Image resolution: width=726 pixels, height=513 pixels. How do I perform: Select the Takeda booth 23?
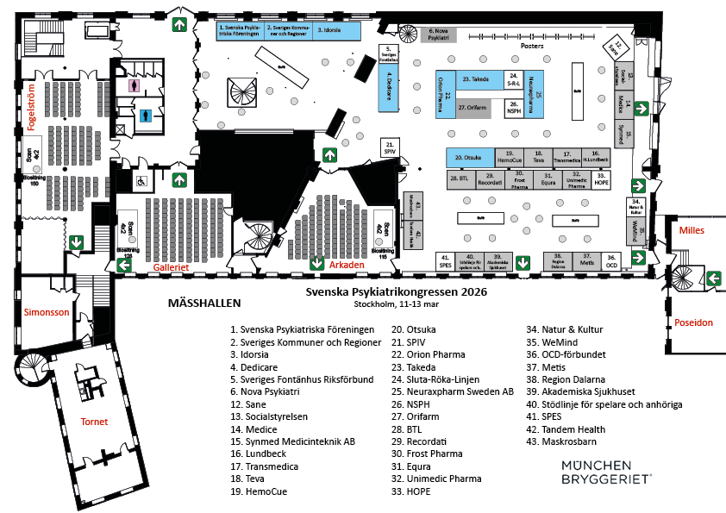(476, 79)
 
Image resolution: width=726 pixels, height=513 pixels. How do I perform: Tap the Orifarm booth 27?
(474, 108)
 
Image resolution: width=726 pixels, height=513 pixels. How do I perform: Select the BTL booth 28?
(459, 180)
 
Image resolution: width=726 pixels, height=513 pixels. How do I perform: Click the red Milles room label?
(692, 230)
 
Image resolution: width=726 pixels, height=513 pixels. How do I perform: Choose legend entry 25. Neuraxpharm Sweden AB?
(453, 391)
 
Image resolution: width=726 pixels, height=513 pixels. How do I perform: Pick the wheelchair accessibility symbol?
(139, 181)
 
